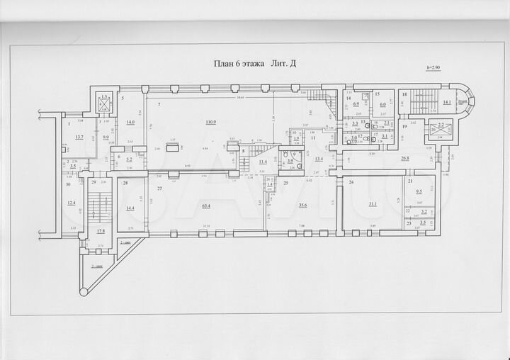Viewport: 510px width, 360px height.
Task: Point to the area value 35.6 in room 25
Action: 302,206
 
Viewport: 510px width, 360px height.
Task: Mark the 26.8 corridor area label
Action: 405,158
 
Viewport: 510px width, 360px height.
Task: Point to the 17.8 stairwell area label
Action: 101,230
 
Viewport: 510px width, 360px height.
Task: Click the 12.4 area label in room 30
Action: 71,203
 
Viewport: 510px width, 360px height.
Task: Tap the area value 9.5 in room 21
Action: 419,191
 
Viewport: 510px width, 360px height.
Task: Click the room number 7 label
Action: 159,104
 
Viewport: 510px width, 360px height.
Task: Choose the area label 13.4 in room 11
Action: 319,159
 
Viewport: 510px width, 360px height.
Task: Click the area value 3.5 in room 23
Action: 423,223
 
